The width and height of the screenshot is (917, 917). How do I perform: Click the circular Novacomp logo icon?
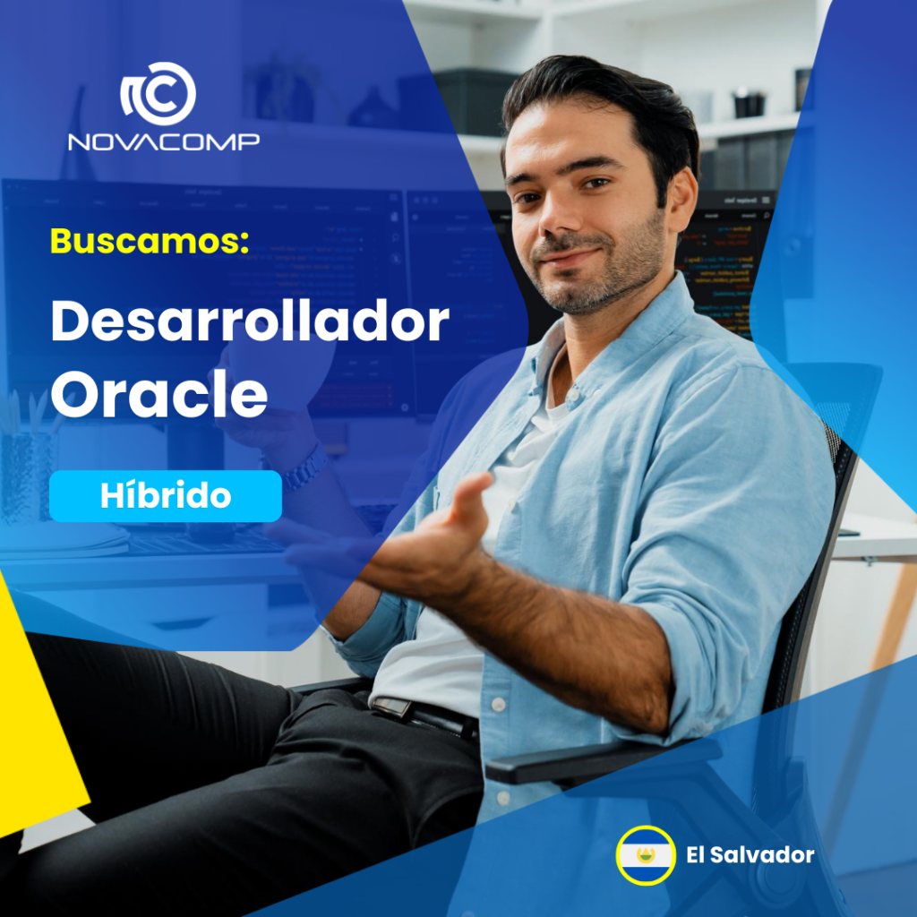tap(158, 93)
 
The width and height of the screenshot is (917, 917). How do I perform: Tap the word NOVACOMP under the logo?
tap(164, 142)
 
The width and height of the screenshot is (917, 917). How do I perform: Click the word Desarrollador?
tap(250, 321)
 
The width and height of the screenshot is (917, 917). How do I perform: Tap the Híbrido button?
tap(166, 496)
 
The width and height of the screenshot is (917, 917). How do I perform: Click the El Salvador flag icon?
tap(646, 855)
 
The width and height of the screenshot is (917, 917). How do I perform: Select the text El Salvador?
tap(750, 855)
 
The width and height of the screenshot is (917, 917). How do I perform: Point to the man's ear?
tap(681, 199)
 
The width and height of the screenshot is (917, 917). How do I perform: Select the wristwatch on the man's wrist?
tap(304, 467)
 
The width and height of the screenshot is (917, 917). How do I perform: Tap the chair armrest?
tap(603, 759)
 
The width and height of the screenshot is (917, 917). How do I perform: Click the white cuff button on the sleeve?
tap(498, 704)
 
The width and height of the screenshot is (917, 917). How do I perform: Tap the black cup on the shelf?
tap(750, 105)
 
